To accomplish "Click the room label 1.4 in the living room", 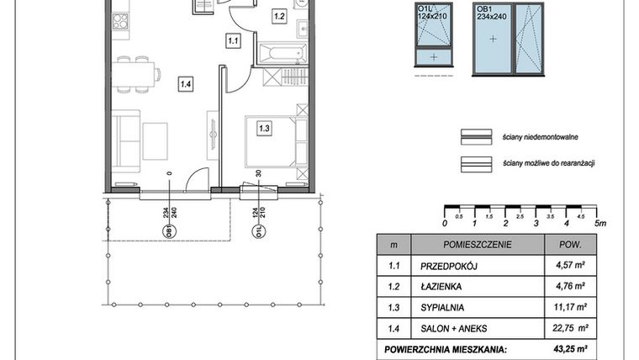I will (185, 82).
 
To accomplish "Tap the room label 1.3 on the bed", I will (264, 129).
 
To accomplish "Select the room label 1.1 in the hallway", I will (234, 39).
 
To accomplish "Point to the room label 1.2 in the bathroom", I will (279, 16).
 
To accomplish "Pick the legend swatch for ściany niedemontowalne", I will (475, 136).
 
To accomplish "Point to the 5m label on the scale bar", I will (599, 224).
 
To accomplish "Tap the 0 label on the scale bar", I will (445, 224).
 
